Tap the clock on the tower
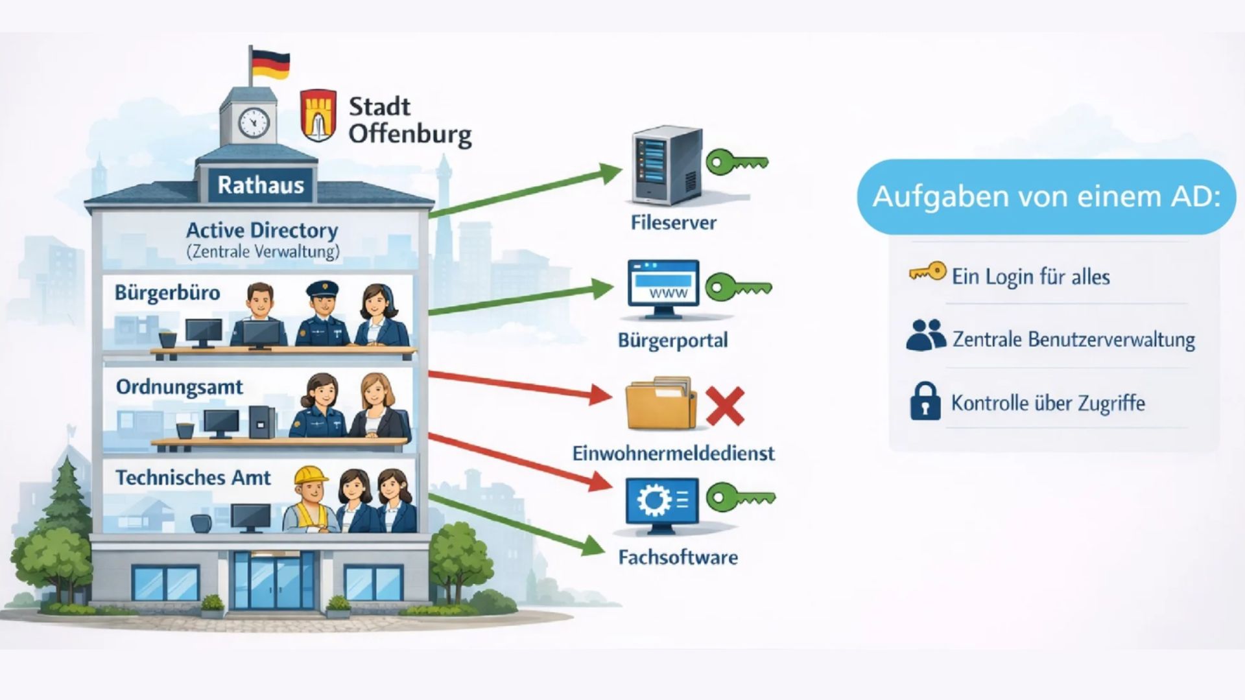click(254, 121)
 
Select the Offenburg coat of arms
click(318, 115)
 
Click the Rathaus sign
click(261, 185)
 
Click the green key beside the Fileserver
click(737, 162)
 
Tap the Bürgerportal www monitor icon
click(663, 289)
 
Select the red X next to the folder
click(724, 406)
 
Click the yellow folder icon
click(661, 404)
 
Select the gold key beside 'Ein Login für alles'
click(927, 272)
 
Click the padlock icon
click(925, 401)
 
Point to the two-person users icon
click(926, 335)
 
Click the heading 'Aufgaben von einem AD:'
click(1047, 196)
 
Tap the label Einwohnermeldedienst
click(673, 452)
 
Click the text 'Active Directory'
click(262, 230)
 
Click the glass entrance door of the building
click(274, 581)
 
